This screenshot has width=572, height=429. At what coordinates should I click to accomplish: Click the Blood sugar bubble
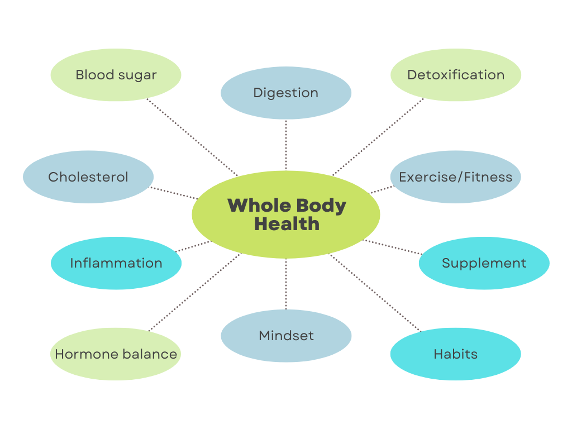(116, 75)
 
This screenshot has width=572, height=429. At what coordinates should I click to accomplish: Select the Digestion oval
(286, 93)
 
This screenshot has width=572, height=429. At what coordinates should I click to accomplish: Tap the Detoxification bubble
(455, 75)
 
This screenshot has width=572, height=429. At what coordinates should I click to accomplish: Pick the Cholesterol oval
(88, 177)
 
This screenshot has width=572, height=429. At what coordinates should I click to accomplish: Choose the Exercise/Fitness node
(455, 177)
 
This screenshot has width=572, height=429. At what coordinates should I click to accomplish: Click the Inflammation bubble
(116, 263)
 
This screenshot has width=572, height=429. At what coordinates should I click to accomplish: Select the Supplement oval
(484, 263)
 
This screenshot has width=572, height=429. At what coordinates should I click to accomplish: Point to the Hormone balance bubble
(116, 354)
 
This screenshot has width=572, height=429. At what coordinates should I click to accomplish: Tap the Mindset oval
(286, 336)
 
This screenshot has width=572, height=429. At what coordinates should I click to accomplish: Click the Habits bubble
(455, 354)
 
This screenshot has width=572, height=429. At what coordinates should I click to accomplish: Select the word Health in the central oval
(287, 224)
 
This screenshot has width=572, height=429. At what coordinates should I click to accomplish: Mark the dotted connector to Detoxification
(378, 137)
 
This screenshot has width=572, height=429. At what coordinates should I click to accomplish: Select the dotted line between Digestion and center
(286, 144)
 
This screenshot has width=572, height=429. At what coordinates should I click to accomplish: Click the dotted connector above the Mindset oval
(286, 284)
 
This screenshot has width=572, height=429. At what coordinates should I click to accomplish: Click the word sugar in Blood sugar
(137, 75)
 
